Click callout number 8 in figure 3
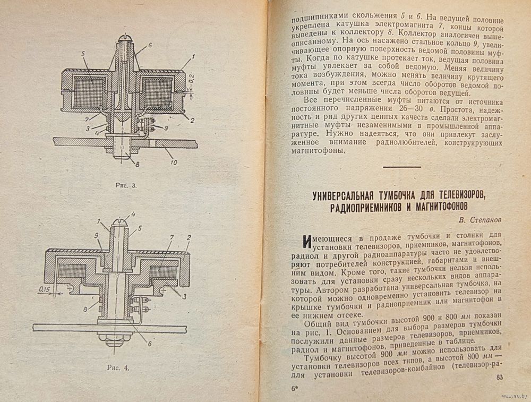click(138, 165)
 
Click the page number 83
click(499, 378)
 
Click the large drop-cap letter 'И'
click(307, 242)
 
